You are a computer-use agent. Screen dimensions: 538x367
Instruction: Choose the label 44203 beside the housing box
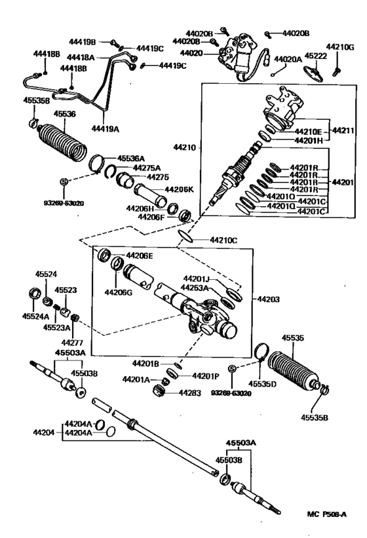[x=269, y=299]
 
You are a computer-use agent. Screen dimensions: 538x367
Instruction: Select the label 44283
[x=190, y=393]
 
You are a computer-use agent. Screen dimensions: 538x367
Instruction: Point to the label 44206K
[x=179, y=189]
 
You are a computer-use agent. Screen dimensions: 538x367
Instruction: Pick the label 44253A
[x=195, y=287]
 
